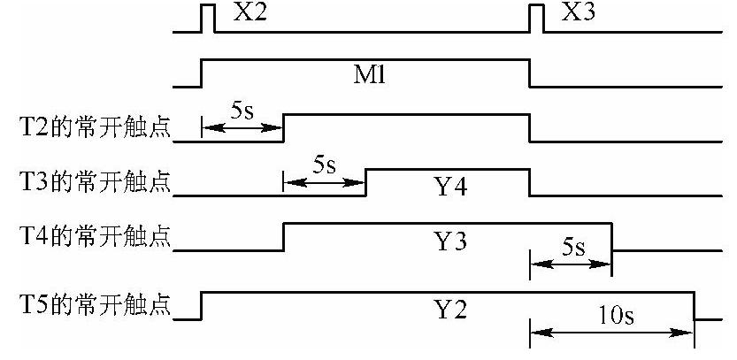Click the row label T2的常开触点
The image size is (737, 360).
88,132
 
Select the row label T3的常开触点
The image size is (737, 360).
88,186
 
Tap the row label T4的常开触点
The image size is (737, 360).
88,241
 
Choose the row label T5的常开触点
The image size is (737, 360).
88,309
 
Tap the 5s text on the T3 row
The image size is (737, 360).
324,166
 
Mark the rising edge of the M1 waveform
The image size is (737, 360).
202,73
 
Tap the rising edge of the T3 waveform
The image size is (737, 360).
365,182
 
